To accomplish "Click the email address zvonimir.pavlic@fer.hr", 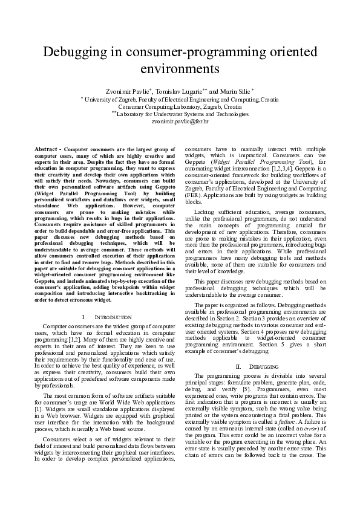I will click(180, 122).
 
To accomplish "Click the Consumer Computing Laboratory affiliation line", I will click(180, 106).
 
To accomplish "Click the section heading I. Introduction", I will click(106, 317).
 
